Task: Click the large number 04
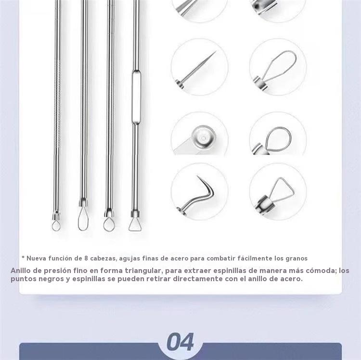tap(180, 342)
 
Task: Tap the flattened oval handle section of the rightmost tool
tap(136, 97)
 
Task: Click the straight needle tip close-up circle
tap(200, 67)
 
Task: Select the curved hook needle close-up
tap(200, 191)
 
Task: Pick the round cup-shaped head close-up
tap(200, 134)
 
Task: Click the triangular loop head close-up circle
tap(278, 191)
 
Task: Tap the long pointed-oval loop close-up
tap(278, 67)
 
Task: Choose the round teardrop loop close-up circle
tap(278, 134)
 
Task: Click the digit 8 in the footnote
tap(86, 259)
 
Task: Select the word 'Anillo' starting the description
tap(21, 270)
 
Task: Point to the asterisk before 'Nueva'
tap(23, 257)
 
